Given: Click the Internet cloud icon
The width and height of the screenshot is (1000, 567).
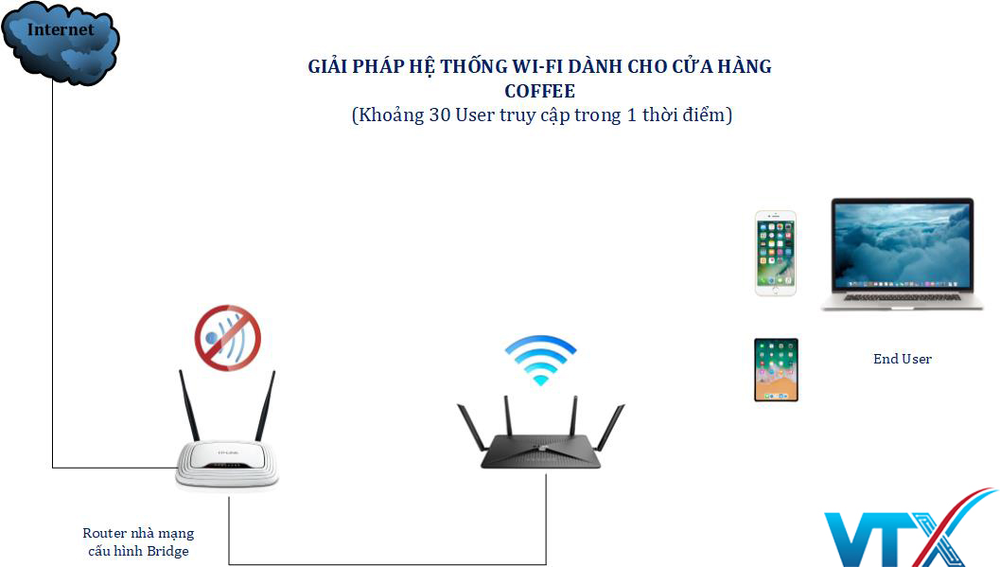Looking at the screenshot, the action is coord(60,42).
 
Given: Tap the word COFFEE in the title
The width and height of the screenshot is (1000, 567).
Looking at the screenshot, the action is coord(539,91).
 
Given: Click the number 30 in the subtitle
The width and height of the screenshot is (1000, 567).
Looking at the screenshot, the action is coord(439,115).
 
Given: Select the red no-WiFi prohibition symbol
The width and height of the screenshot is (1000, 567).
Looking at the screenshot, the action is coord(228,338).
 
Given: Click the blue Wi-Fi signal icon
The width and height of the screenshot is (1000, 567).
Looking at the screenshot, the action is coord(540,359).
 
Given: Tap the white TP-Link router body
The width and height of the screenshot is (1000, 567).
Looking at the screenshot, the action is coord(227,465).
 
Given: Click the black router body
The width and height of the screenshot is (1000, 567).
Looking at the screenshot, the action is coord(540,452).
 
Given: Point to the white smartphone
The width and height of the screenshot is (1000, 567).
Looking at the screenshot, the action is coord(776,253).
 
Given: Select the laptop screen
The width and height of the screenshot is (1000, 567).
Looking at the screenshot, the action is coord(902,245).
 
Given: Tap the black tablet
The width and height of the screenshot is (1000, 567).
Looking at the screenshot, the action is coord(776,370).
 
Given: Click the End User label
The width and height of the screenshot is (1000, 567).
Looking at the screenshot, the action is coord(903,359).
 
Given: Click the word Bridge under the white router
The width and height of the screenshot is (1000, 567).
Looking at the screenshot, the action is coord(167,551).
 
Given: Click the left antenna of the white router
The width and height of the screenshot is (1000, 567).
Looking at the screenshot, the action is coord(189,406).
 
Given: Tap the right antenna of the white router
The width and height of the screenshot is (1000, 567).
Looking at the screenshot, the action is coord(265,406).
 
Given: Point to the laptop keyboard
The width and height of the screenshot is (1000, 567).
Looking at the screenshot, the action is coord(902,297).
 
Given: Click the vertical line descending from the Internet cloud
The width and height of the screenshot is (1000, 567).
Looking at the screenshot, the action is coord(53,275).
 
